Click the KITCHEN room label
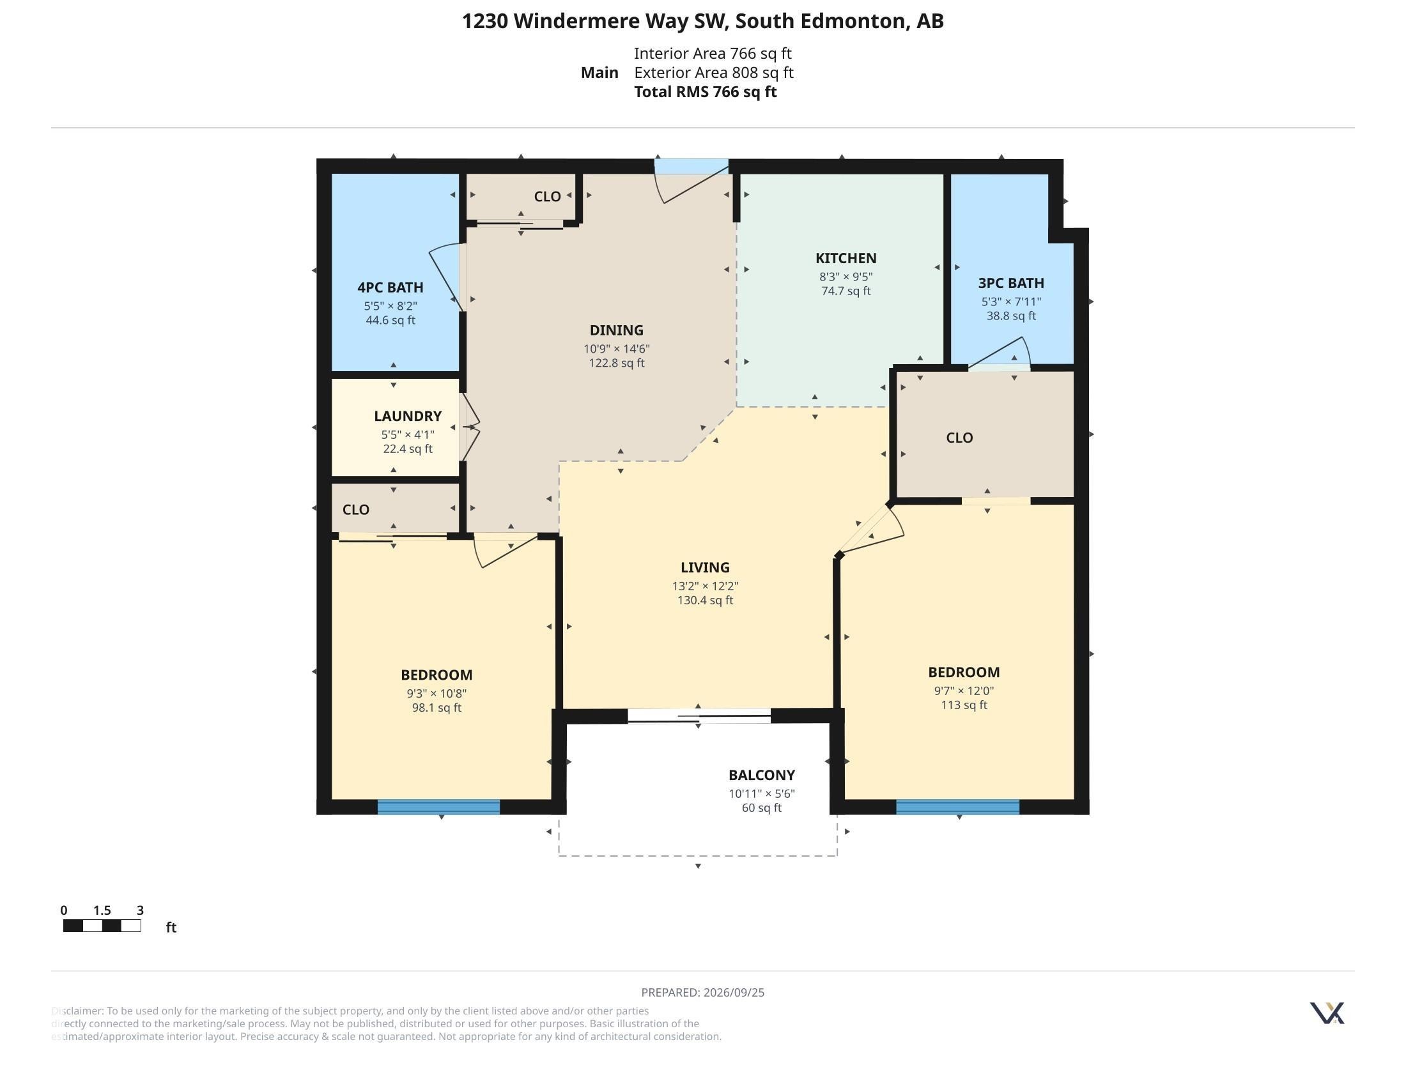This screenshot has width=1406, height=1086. click(846, 258)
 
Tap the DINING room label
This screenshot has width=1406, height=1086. click(616, 330)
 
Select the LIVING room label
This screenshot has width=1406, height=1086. click(705, 567)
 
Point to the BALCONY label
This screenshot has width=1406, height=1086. click(762, 775)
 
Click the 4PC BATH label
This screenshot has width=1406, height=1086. click(390, 287)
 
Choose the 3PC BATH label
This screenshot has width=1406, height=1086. click(1011, 283)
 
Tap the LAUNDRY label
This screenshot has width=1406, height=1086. click(408, 417)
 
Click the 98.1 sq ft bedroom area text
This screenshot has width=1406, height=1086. click(436, 708)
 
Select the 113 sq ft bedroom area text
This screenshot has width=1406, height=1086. click(964, 705)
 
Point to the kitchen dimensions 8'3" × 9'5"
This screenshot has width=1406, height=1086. click(846, 277)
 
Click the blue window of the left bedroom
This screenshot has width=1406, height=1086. click(438, 807)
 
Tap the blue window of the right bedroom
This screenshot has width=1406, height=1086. click(957, 807)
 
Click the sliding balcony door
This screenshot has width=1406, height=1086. click(699, 715)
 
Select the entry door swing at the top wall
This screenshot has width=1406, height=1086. click(692, 183)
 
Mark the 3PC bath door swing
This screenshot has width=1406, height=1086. click(1000, 353)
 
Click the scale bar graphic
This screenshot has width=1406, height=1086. click(102, 926)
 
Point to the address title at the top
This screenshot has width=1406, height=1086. click(703, 21)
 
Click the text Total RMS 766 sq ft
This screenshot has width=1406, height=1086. click(705, 92)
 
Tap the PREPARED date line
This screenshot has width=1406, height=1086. click(703, 992)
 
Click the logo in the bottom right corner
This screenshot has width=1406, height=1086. click(1327, 1013)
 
